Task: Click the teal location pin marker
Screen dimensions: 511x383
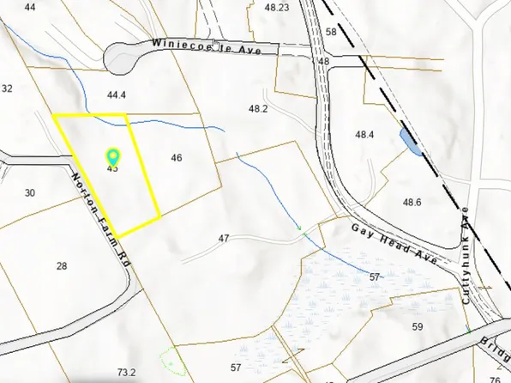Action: click(x=112, y=156)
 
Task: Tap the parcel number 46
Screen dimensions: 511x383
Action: click(x=177, y=158)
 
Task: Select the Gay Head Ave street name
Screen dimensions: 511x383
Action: click(x=395, y=243)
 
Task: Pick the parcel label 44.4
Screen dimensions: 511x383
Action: click(x=117, y=95)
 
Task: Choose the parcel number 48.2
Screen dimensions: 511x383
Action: click(x=258, y=109)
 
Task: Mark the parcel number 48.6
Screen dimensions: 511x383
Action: click(x=412, y=203)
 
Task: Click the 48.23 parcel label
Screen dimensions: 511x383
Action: click(x=277, y=8)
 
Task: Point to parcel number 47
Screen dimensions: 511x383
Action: click(x=225, y=238)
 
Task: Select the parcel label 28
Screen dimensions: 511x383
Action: click(x=62, y=266)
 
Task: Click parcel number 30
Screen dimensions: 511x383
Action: click(x=30, y=193)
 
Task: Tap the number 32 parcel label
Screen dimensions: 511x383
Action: click(x=7, y=88)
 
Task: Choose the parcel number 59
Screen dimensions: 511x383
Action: click(x=418, y=326)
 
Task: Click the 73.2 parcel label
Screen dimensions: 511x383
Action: click(x=127, y=372)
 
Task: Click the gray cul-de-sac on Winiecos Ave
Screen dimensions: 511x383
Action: click(x=125, y=58)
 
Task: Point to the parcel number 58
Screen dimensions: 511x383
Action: click(x=331, y=33)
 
